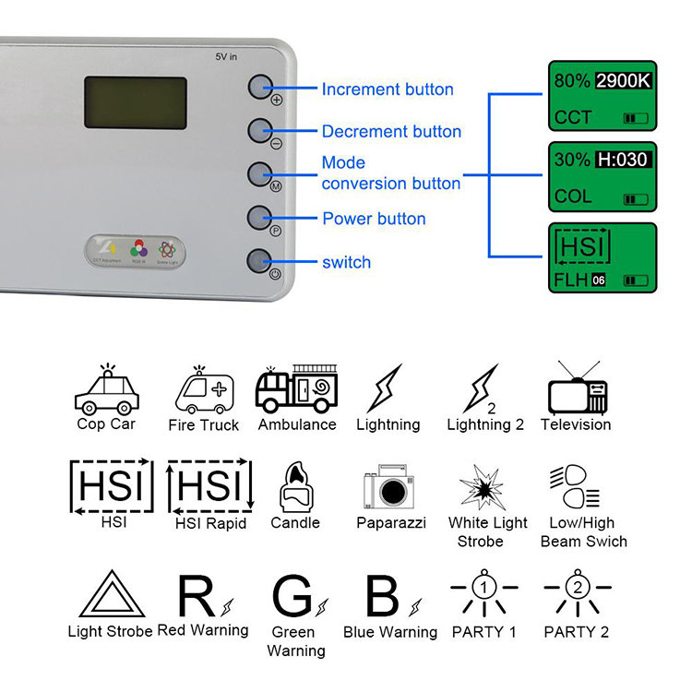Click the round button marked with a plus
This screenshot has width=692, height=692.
click(x=261, y=87)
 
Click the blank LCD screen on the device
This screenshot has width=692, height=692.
click(x=136, y=102)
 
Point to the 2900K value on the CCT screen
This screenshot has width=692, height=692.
click(x=623, y=80)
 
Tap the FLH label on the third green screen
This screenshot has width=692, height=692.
click(x=571, y=279)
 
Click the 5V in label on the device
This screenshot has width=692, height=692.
click(x=227, y=57)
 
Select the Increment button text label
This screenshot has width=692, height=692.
click(x=387, y=89)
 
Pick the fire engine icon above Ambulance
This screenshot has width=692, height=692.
click(x=296, y=388)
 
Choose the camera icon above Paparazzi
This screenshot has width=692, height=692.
click(x=391, y=487)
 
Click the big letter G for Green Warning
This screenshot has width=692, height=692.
click(x=292, y=596)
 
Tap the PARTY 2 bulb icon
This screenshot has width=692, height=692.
click(x=578, y=596)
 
